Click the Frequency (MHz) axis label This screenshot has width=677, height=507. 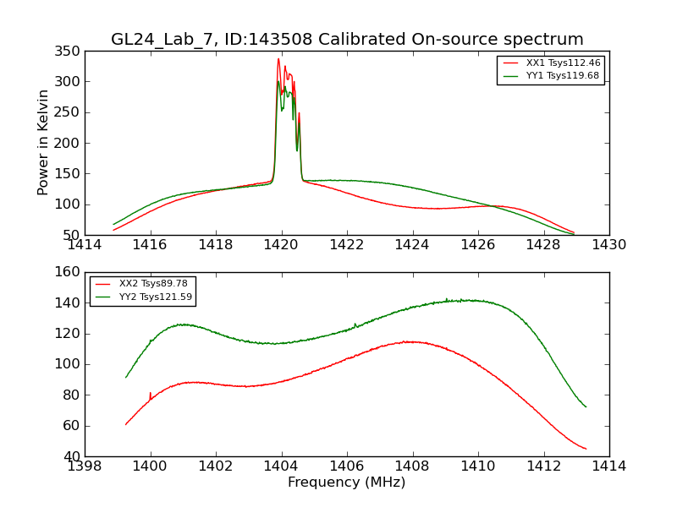pos(346,482)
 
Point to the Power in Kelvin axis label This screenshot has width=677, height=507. pos(43,142)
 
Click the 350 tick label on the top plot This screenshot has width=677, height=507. pos(69,52)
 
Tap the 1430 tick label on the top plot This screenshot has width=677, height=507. pos(608,245)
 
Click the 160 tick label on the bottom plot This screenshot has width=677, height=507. pos(69,273)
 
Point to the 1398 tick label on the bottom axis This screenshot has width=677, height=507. pos(85,466)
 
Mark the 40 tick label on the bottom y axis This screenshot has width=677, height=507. pos(73,456)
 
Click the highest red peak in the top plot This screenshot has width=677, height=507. pos(278,58)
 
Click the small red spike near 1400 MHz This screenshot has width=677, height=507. pos(150,394)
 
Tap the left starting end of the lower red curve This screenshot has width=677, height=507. pos(125,424)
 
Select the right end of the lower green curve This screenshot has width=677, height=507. pos(586,406)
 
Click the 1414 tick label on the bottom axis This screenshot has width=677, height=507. pos(608,466)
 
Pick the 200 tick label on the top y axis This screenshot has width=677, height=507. pos(69,143)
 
